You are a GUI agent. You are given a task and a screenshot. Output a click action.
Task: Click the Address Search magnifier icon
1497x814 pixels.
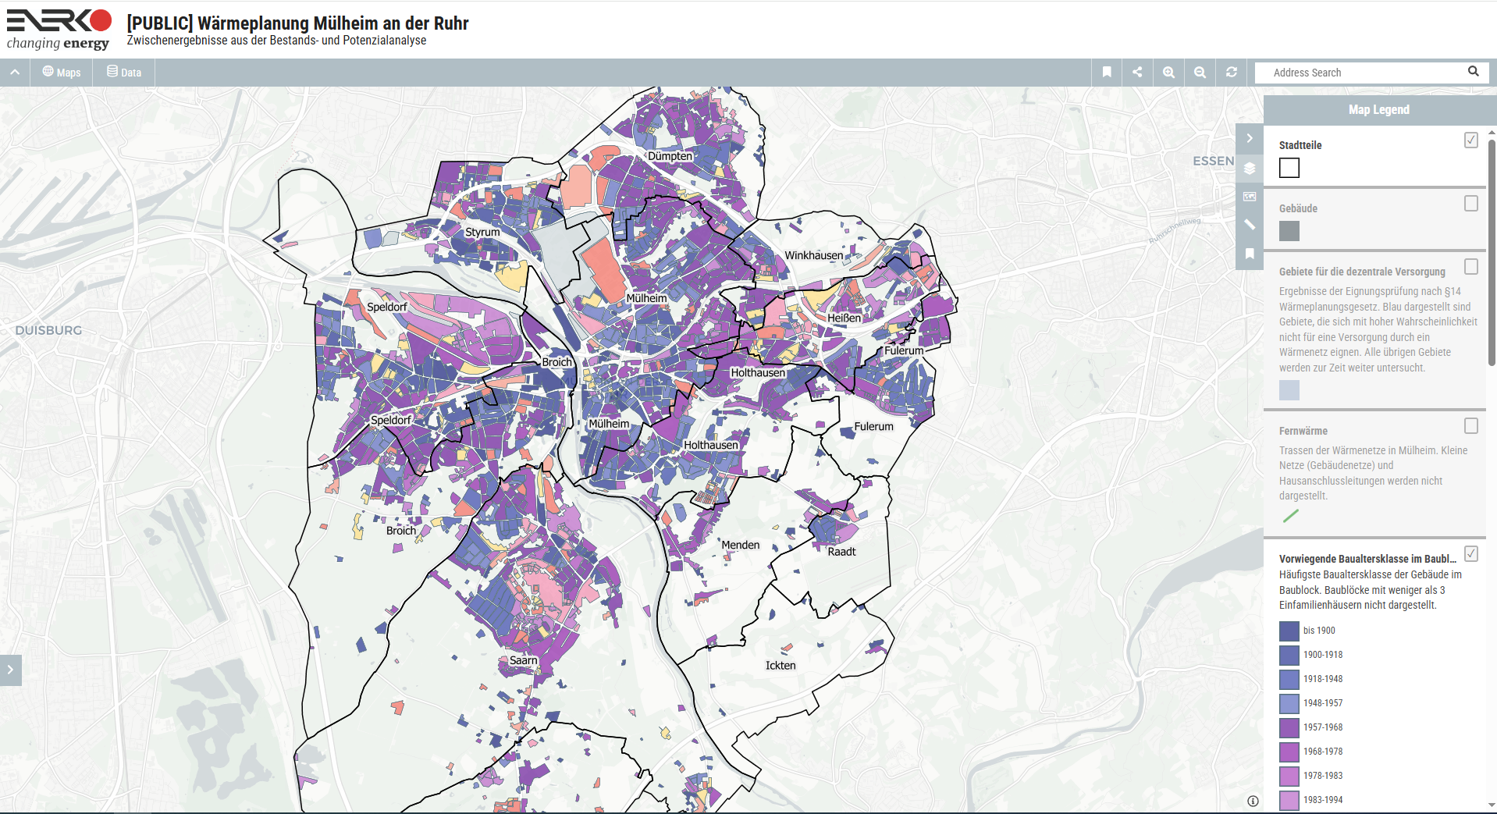1473,72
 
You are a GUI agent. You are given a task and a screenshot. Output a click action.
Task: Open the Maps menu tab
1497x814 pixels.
62,73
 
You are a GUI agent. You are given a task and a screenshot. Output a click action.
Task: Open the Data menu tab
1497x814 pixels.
124,73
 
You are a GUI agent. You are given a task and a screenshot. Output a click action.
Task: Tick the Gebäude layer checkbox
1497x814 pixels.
1470,204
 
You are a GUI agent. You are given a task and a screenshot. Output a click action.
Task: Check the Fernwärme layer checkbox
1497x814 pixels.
1470,426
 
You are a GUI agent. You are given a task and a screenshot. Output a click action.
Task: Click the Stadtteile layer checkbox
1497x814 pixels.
1470,140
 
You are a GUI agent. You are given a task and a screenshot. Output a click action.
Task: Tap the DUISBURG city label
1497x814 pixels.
48,330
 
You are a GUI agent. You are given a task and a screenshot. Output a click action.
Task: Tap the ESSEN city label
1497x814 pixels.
1213,161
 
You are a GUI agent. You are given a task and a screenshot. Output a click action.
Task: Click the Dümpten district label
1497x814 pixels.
670,156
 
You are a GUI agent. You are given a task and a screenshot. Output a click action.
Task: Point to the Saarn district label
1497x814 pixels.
523,660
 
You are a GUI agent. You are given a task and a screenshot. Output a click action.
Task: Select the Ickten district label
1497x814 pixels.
780,666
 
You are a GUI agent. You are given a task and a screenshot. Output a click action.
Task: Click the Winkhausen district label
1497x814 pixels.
813,255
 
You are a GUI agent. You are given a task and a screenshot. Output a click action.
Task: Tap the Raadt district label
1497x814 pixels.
841,552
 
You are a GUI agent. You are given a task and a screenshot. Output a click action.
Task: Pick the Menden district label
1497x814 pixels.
740,545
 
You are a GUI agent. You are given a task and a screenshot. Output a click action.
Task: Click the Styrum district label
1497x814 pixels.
482,232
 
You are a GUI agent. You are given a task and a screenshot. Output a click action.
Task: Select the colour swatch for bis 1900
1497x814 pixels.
1289,631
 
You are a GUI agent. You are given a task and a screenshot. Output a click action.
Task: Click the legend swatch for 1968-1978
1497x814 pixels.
1289,752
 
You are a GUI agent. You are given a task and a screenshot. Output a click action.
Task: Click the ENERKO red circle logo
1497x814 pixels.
101,20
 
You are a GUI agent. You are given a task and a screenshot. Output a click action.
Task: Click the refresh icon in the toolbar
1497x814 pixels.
1231,72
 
